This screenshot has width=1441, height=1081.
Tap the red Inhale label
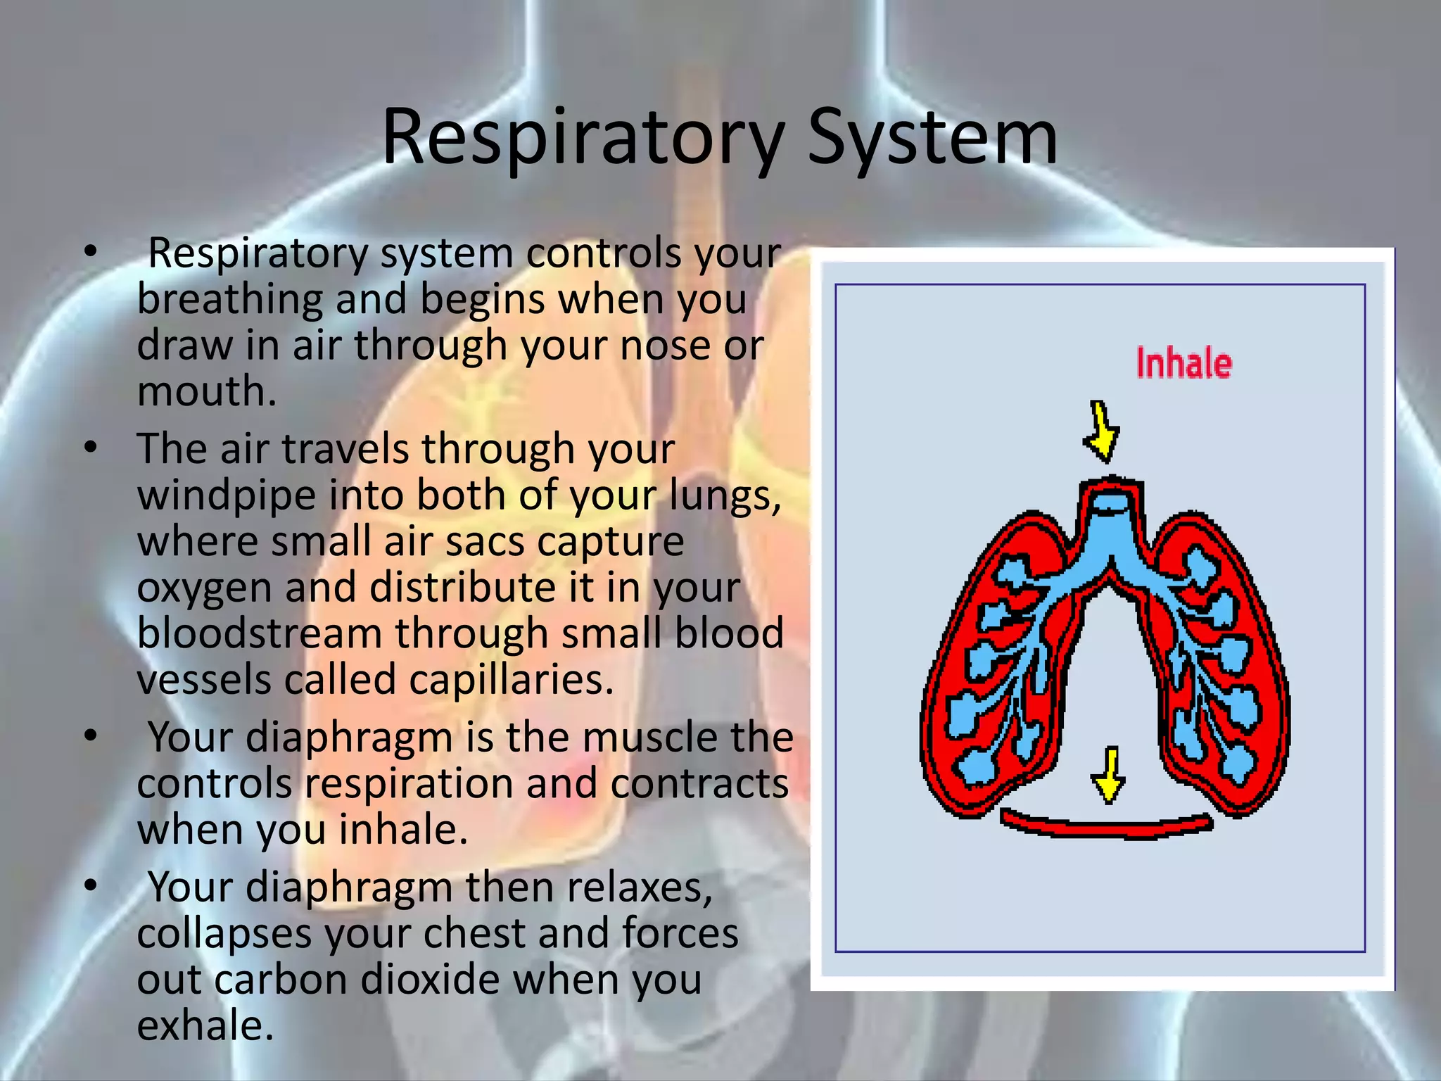pyautogui.click(x=1184, y=364)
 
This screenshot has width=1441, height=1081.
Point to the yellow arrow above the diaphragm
pyautogui.click(x=1109, y=774)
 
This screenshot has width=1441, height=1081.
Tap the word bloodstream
pyautogui.click(x=259, y=633)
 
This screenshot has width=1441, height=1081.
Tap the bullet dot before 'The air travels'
pyautogui.click(x=90, y=448)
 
